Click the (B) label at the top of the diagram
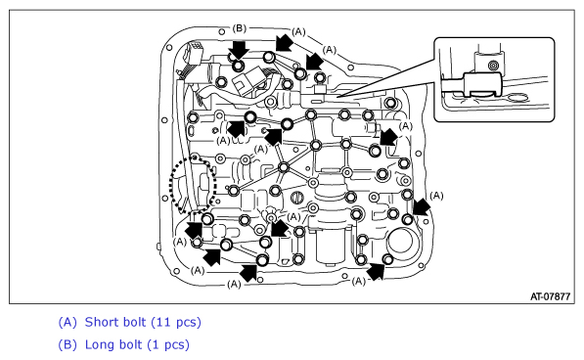239,28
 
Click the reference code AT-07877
550,296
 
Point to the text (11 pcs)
176,323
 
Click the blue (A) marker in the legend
67,323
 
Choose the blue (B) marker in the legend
67,345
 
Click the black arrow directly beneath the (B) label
239,50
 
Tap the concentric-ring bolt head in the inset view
493,66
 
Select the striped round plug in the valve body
296,198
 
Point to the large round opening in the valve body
400,243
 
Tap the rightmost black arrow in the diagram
422,206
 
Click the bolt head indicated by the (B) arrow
238,67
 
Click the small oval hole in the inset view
517,98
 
